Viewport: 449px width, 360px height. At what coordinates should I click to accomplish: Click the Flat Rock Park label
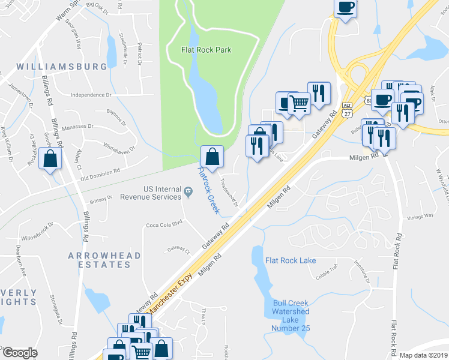tap(206, 50)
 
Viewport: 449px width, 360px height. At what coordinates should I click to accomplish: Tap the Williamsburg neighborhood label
tap(62, 67)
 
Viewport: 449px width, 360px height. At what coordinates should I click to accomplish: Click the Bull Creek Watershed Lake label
tap(291, 312)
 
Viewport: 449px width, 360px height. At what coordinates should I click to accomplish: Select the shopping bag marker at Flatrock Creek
tap(212, 157)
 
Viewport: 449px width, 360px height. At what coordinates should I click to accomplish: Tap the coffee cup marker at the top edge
tap(345, 8)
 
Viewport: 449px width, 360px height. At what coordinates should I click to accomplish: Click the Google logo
tap(19, 353)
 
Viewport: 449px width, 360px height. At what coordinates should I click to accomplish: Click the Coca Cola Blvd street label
tap(164, 225)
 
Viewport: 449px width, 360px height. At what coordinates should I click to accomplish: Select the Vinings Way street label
tap(420, 218)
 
